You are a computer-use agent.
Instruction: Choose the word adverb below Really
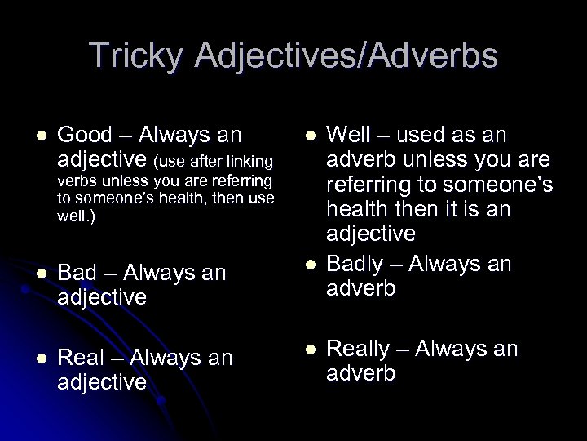361,374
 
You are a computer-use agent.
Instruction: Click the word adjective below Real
103,382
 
